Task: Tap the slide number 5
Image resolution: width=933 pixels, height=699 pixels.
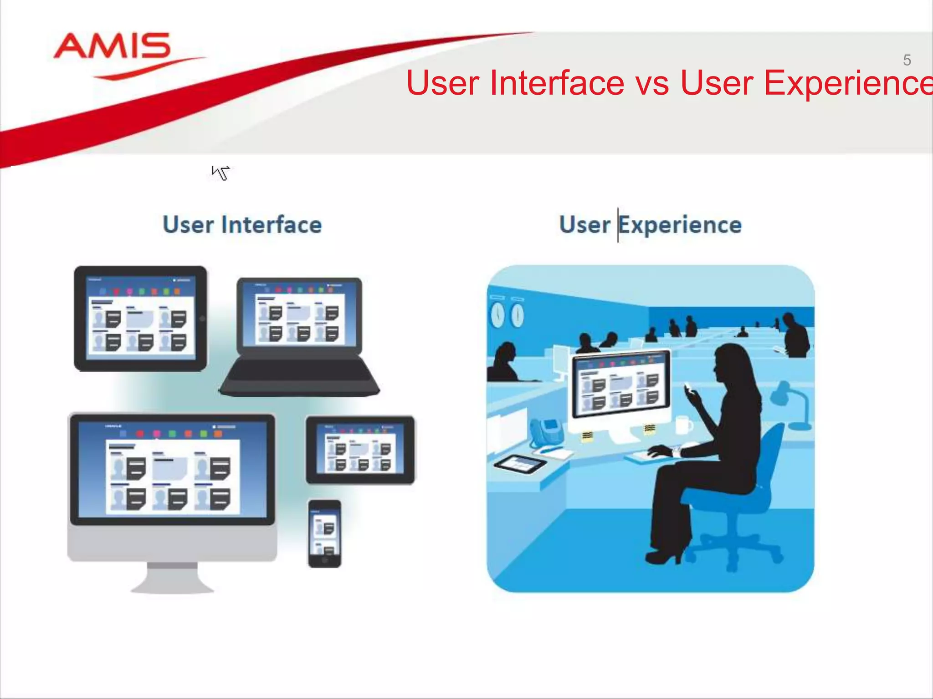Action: [x=907, y=60]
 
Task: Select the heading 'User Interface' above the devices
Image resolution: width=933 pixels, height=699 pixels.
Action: [x=242, y=225]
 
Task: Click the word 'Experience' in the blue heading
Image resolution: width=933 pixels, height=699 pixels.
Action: [x=680, y=225]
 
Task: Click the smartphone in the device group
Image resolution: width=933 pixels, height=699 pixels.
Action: [x=324, y=533]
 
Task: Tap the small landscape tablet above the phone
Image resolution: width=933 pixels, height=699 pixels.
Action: [x=360, y=450]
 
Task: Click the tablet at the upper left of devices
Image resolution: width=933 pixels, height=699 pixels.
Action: [x=140, y=319]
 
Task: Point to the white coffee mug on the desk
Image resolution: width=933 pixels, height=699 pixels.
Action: [x=683, y=425]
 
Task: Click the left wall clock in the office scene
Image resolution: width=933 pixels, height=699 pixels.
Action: [x=497, y=314]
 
